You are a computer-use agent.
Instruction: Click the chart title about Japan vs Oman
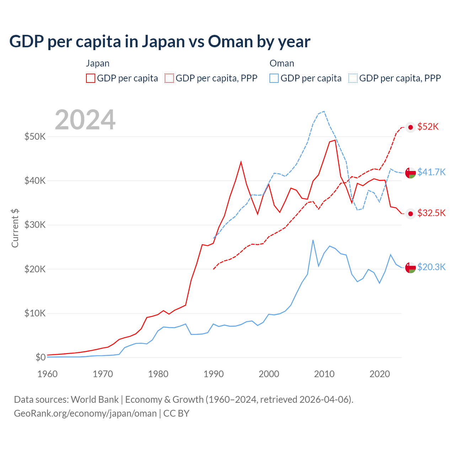click(160, 42)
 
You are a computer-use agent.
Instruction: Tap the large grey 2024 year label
click(85, 120)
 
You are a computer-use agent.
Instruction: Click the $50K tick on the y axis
click(35, 136)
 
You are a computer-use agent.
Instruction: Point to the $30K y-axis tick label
click(35, 225)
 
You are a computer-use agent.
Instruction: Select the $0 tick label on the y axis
click(40, 357)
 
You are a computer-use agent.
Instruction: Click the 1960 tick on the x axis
click(47, 374)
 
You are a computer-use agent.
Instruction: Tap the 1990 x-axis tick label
click(214, 374)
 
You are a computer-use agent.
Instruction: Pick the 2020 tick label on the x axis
click(380, 374)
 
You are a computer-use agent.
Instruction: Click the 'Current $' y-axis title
click(15, 228)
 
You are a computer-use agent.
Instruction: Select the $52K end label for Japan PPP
click(428, 127)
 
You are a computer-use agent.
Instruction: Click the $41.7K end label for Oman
click(431, 172)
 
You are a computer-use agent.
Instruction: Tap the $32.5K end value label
click(431, 213)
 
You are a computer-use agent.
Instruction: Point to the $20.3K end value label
click(431, 267)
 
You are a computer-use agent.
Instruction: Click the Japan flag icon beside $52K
click(411, 127)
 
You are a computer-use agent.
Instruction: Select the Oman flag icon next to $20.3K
click(411, 267)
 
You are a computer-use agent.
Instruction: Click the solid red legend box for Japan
click(91, 78)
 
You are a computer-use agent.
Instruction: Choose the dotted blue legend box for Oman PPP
click(353, 78)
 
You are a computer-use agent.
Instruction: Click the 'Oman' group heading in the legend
click(282, 63)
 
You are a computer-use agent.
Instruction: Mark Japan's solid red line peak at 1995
click(241, 162)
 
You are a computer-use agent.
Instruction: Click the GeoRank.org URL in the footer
click(85, 413)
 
